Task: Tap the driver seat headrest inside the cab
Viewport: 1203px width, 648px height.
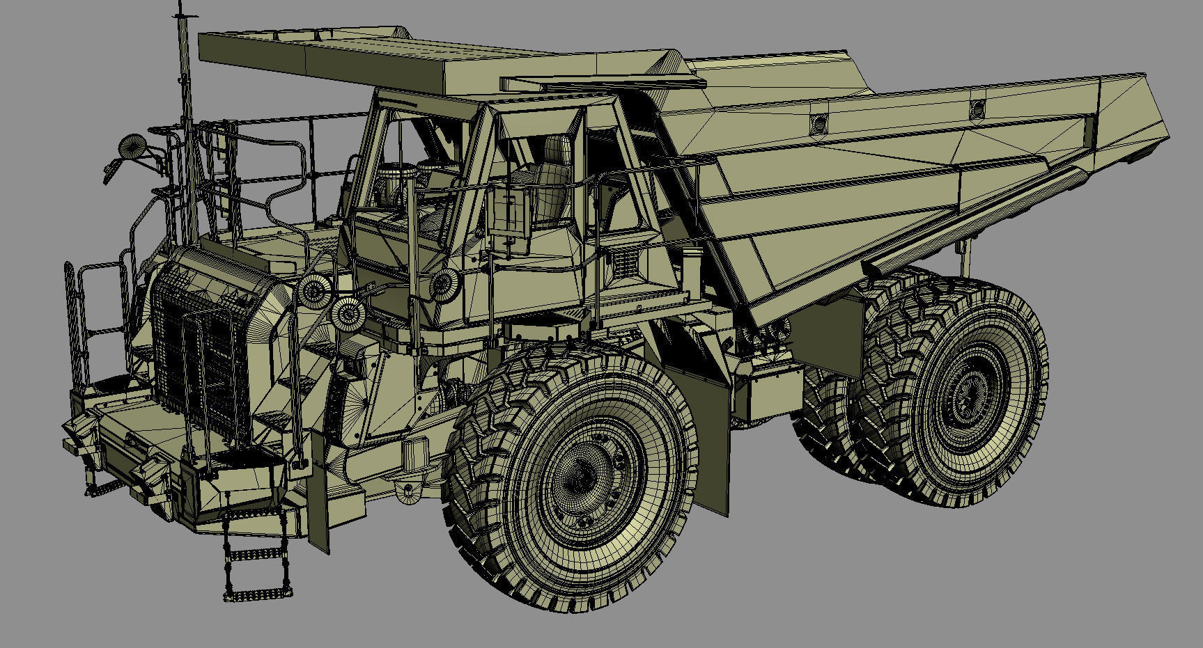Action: point(557,150)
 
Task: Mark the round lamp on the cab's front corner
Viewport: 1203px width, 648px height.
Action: point(443,283)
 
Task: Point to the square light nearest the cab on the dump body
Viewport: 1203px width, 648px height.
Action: point(818,124)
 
